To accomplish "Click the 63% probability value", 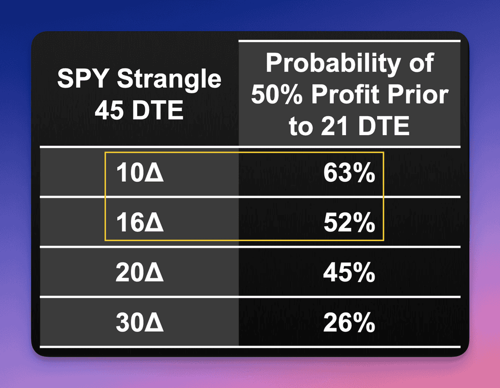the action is (x=349, y=173).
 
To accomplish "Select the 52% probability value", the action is (x=349, y=222).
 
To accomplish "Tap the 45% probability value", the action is (x=349, y=272).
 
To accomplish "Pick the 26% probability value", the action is (x=349, y=322).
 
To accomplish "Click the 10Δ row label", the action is (x=140, y=173).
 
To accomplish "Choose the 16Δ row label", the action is (x=140, y=222).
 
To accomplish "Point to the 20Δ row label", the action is (x=140, y=272).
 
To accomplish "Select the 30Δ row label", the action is (x=140, y=322).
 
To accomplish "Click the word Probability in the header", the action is (x=333, y=64).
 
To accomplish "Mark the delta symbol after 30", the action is (x=154, y=322).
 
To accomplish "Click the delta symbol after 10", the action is (x=154, y=173).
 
